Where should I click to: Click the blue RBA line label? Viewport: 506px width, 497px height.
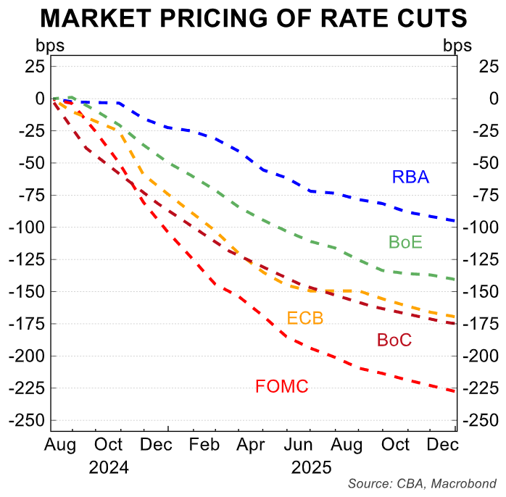410,177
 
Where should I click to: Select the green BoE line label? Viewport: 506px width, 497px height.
405,243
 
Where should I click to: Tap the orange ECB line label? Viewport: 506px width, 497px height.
304,319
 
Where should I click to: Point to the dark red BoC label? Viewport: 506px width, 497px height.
394,340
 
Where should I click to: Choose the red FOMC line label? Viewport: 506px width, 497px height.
281,387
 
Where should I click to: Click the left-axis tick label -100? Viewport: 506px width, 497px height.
28,227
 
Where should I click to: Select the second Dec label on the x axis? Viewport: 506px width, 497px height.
442,444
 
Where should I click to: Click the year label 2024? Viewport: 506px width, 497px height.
109,467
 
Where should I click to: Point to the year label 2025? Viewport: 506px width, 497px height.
312,467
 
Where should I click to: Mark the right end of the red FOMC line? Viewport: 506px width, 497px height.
455,392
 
